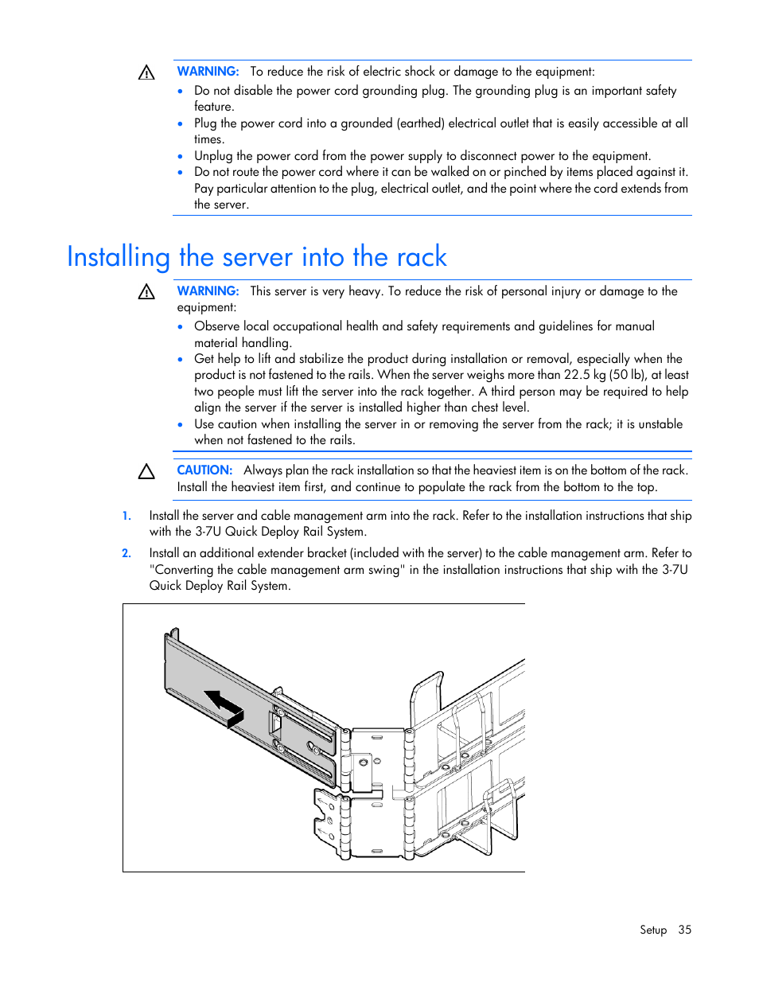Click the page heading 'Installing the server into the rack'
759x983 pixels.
point(256,257)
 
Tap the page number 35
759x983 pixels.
point(684,930)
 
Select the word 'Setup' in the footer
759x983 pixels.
point(652,930)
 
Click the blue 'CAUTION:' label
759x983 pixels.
point(204,470)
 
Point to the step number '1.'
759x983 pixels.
point(127,516)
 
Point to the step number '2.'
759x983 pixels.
point(127,553)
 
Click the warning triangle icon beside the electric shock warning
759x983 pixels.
point(146,73)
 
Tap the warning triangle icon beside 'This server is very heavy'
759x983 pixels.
point(146,292)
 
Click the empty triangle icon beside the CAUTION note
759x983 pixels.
point(146,472)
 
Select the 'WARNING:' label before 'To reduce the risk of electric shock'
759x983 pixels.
point(208,72)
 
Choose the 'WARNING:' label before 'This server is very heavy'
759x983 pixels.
point(208,291)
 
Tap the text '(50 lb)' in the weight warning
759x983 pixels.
point(628,375)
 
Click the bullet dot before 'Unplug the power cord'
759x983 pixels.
point(181,157)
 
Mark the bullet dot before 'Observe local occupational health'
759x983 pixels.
point(181,327)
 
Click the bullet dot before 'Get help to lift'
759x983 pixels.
point(181,360)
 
